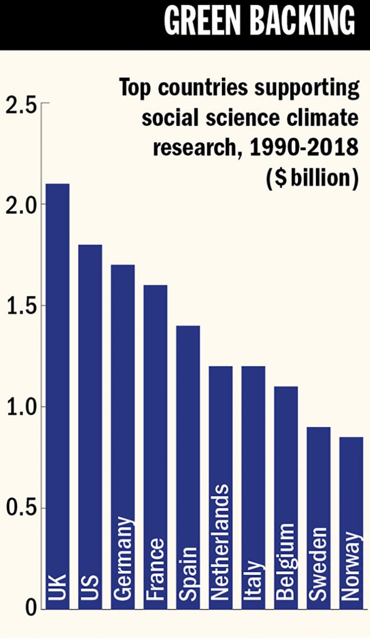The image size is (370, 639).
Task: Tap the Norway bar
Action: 351,523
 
